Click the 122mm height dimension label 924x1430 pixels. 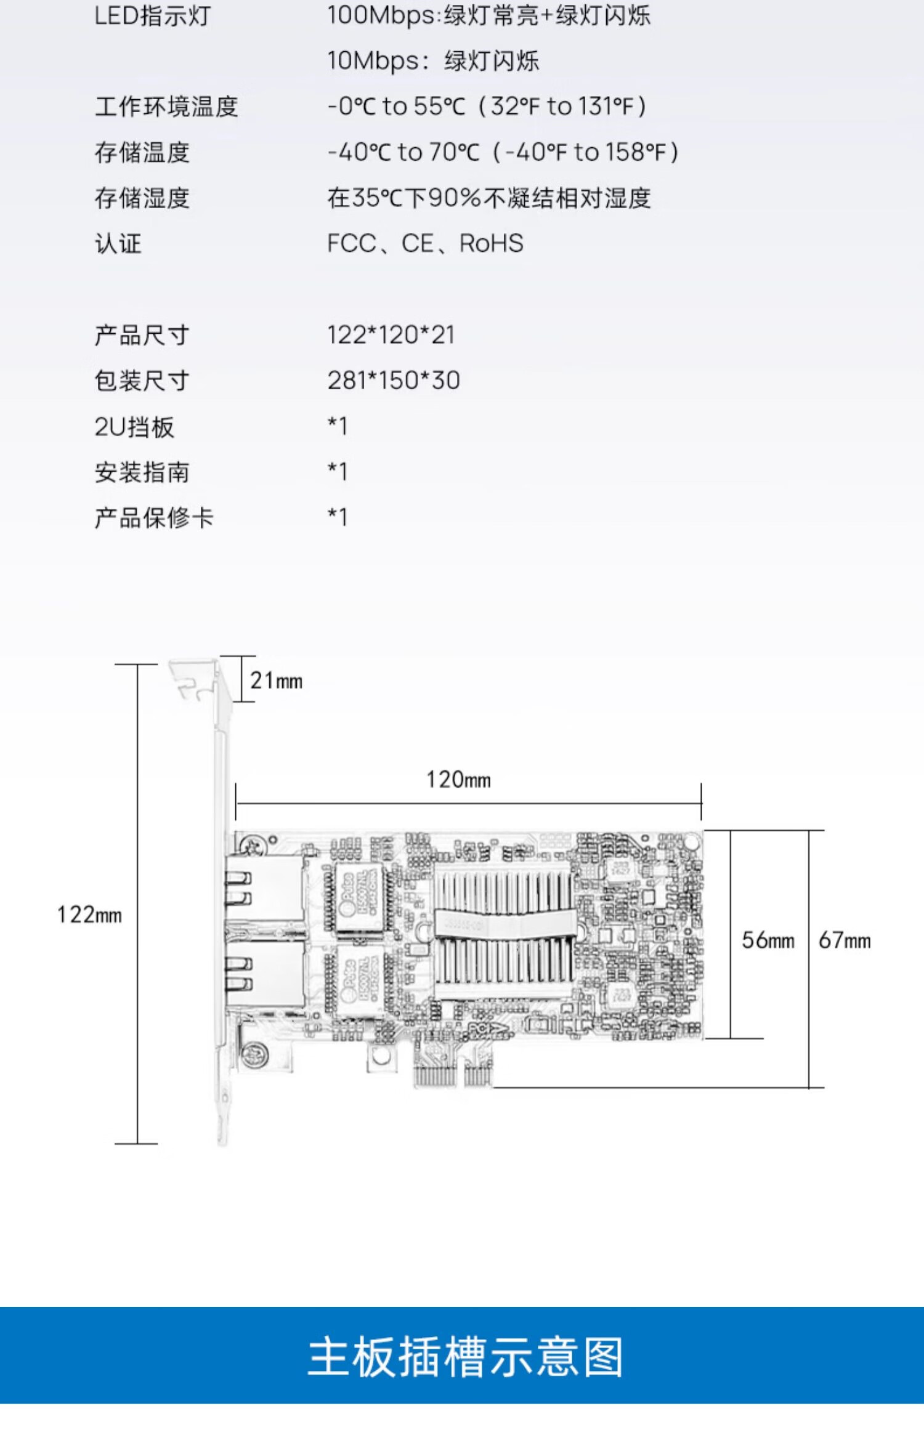click(89, 915)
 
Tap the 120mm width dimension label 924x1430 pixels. click(458, 780)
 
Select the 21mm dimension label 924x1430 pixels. click(276, 681)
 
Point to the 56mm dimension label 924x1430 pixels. click(768, 940)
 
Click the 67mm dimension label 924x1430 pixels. click(844, 940)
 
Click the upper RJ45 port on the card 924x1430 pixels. click(265, 887)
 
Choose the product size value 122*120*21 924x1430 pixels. click(391, 335)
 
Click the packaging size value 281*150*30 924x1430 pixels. click(393, 381)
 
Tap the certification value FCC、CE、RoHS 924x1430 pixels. click(425, 244)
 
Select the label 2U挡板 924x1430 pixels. click(134, 427)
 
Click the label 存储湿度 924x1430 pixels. click(142, 198)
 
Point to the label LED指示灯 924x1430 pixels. click(152, 16)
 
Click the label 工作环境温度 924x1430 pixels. click(166, 107)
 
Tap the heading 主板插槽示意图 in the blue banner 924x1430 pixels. click(465, 1357)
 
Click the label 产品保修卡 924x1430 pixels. click(154, 518)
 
